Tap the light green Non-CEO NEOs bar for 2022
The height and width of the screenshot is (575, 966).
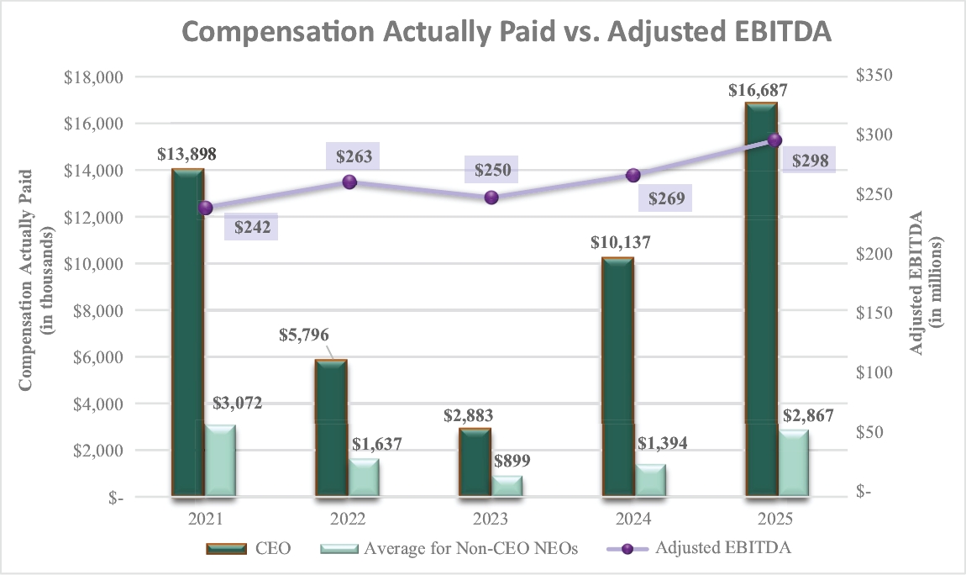(365, 477)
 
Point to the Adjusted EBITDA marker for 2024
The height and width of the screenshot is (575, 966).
(633, 175)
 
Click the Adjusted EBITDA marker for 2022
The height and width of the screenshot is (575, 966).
(349, 182)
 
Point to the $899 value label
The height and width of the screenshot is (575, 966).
(511, 461)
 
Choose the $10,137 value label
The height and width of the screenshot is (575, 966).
(621, 243)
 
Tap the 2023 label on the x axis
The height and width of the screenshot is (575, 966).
(491, 518)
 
